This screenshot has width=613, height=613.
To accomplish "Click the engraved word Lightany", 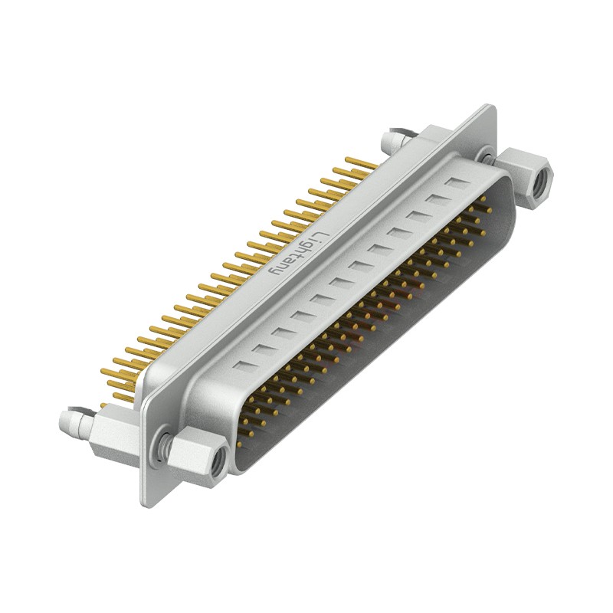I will (x=293, y=253).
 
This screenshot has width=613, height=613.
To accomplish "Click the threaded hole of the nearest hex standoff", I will (x=218, y=458).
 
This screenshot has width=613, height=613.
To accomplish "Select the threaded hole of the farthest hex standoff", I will (x=543, y=181).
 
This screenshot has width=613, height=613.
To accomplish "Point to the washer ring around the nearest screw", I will (x=163, y=445).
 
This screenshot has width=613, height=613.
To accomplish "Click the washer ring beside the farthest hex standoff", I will (x=486, y=156).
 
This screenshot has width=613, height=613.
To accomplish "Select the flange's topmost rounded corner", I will (x=487, y=108).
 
